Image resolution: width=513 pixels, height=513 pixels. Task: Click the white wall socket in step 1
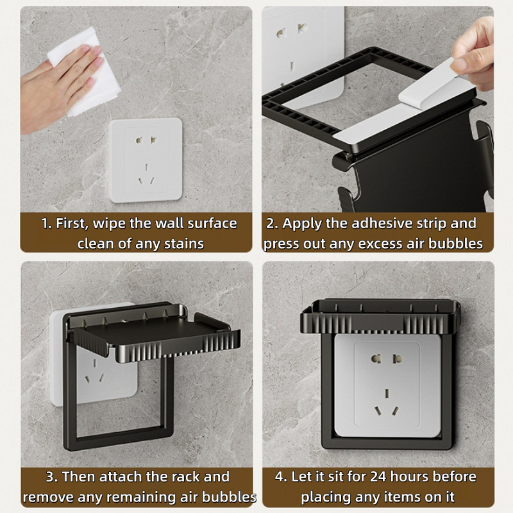click(146, 160)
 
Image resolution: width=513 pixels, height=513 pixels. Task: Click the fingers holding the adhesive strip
click(475, 53)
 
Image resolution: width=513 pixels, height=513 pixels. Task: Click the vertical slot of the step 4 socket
click(387, 393)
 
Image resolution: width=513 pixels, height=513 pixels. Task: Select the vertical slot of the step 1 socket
click(146, 167)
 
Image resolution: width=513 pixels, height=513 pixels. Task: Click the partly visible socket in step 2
click(303, 56)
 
